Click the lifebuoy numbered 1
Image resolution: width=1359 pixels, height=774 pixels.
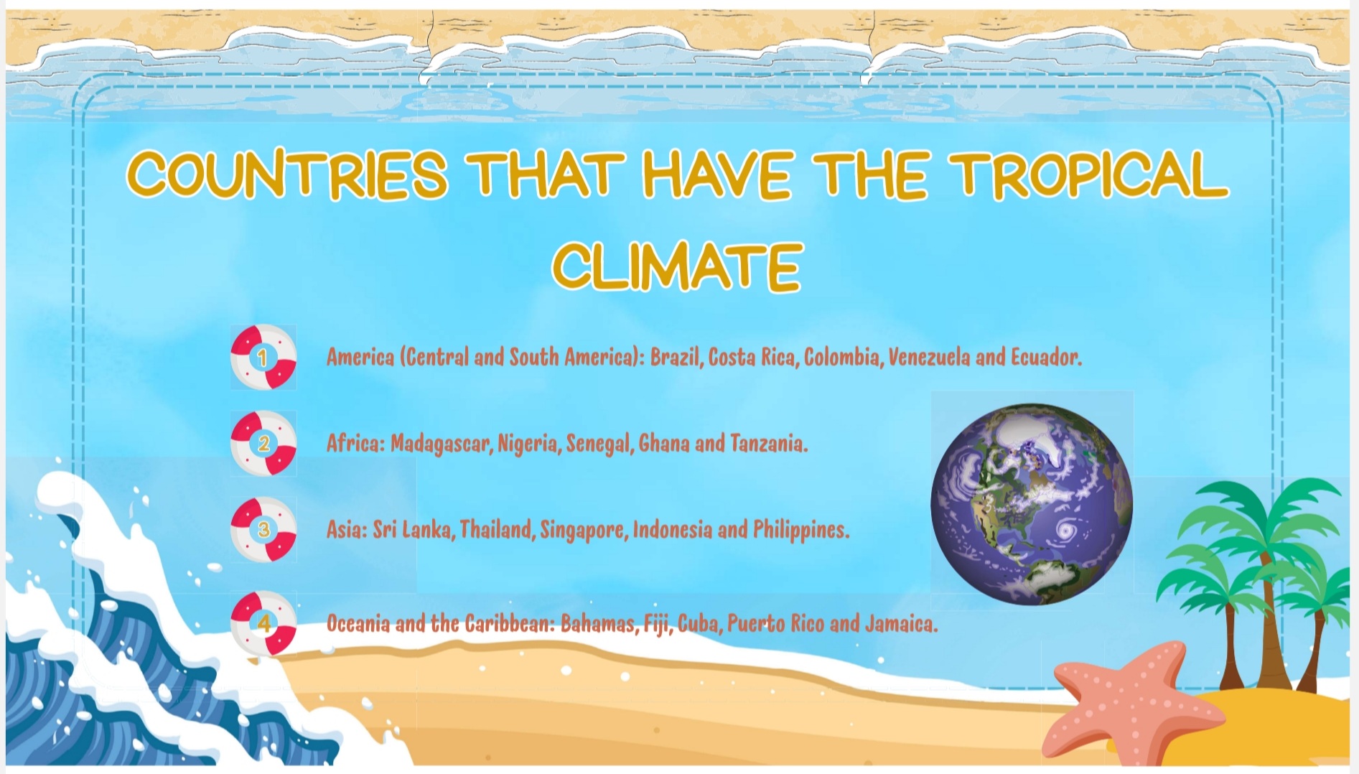coord(263,357)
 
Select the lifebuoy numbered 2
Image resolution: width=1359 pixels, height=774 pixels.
coord(263,443)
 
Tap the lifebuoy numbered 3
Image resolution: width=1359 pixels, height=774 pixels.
coord(263,529)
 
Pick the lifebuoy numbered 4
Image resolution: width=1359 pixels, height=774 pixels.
coord(263,623)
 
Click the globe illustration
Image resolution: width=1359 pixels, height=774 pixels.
coord(1032,503)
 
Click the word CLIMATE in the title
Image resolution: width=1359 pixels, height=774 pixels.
coord(676,266)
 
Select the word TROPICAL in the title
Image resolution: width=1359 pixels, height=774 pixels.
coord(1089,174)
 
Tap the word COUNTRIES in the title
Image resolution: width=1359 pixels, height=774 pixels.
coord(288,174)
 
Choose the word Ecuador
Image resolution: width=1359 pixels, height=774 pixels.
coord(1046,357)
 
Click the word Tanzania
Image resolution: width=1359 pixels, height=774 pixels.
coord(769,443)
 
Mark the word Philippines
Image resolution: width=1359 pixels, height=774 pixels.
coord(801,530)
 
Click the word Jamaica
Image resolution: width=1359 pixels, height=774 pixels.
coord(901,623)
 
